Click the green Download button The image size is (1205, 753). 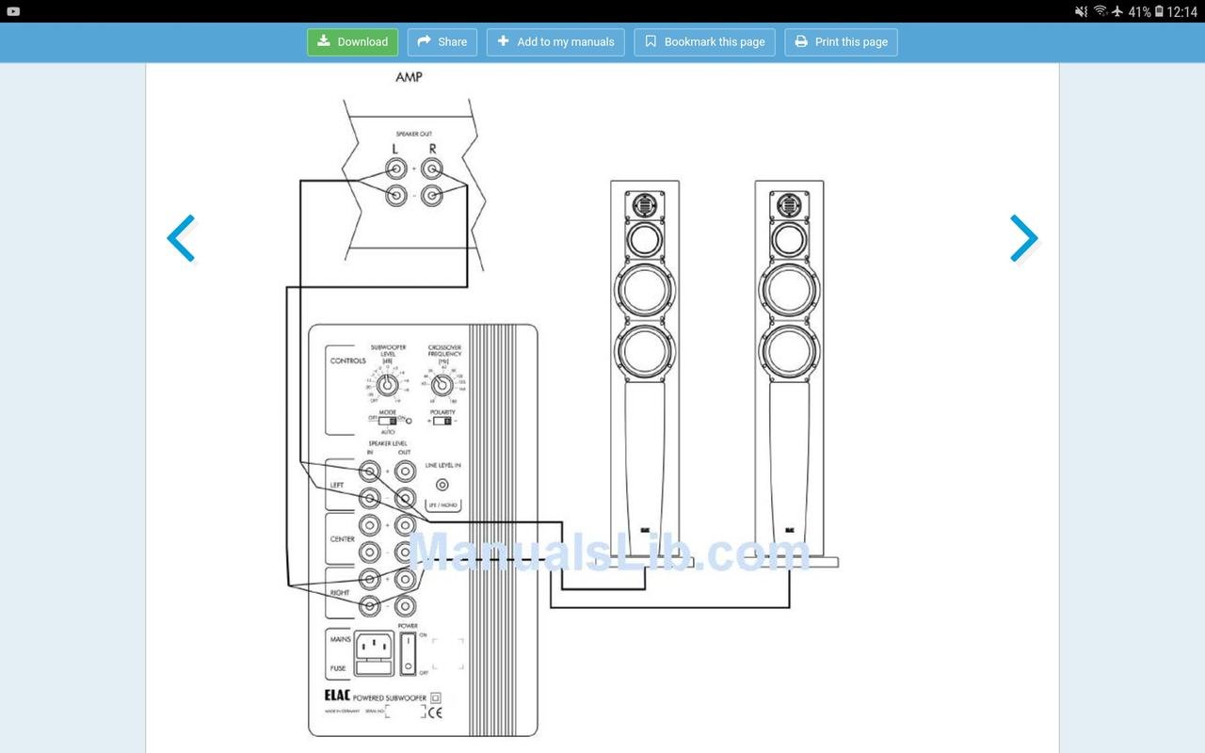[x=353, y=42]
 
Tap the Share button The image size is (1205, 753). [x=442, y=42]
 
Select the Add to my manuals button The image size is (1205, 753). [x=555, y=42]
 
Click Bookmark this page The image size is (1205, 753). [x=704, y=42]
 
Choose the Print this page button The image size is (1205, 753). [x=841, y=42]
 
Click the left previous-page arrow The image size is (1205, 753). [x=181, y=238]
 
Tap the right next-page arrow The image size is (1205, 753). [x=1023, y=238]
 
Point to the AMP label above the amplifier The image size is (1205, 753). [x=409, y=77]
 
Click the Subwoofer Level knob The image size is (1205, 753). [x=386, y=384]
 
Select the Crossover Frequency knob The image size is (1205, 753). [x=442, y=384]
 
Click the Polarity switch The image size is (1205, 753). [x=442, y=421]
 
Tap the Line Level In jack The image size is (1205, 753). [x=442, y=485]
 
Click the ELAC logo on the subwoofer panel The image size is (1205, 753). [x=337, y=697]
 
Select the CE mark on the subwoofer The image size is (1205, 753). [x=435, y=713]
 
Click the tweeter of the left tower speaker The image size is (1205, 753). [x=644, y=203]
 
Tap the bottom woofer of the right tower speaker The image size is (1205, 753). [x=789, y=350]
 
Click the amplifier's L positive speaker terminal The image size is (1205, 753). [x=396, y=169]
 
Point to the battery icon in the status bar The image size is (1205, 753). [x=1158, y=11]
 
